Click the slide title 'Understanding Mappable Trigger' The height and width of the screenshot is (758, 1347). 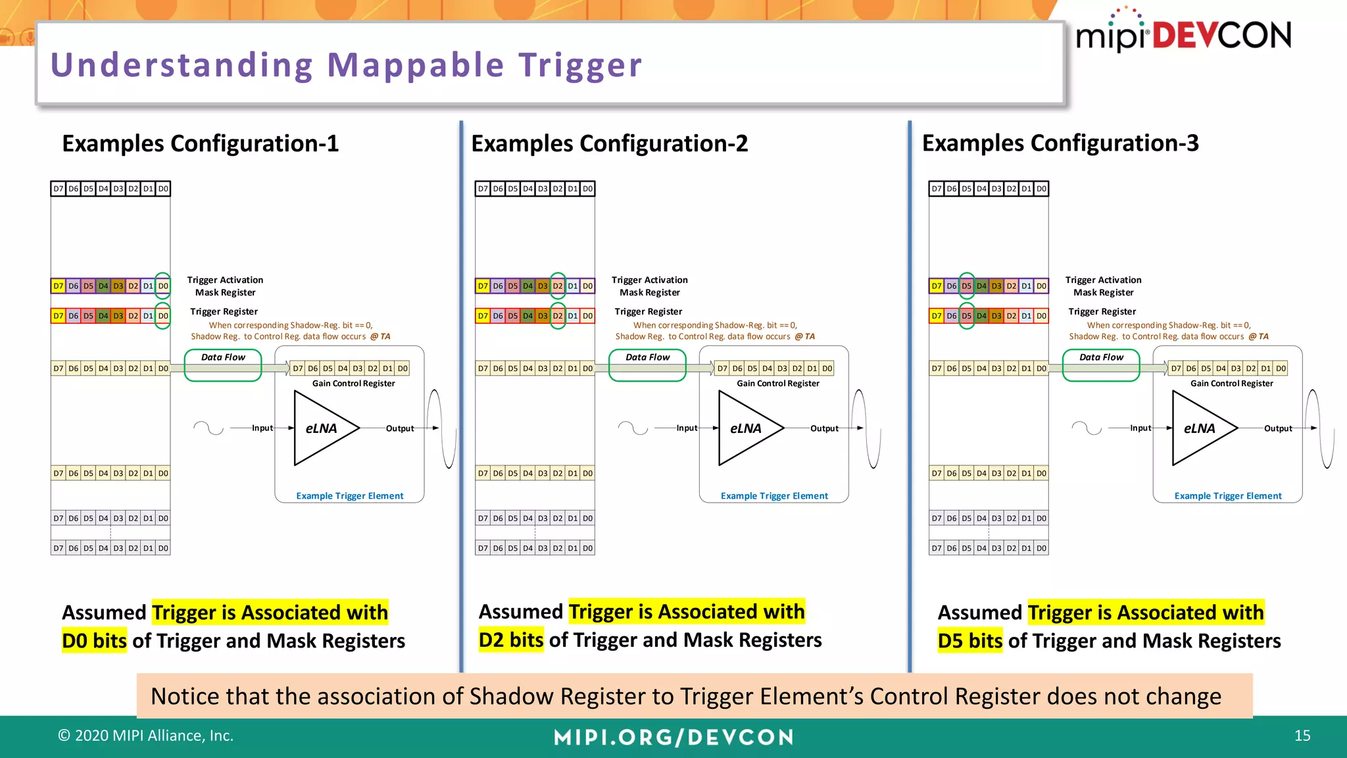point(346,65)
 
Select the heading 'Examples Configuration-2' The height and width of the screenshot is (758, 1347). point(609,143)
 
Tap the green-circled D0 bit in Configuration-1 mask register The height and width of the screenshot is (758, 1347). point(162,286)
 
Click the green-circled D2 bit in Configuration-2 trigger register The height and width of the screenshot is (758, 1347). point(558,316)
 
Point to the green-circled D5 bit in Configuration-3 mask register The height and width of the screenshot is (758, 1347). point(966,286)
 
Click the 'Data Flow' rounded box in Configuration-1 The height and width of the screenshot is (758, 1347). point(223,365)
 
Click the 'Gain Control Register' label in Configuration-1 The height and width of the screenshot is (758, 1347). point(353,383)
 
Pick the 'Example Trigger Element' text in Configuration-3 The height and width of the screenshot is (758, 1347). point(1227,496)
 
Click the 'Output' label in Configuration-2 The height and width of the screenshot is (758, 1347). point(823,428)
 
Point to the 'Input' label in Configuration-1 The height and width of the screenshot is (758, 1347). point(262,428)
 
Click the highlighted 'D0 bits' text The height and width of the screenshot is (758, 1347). point(94,641)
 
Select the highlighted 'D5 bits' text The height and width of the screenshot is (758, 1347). point(969,641)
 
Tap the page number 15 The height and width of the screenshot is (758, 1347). point(1302,736)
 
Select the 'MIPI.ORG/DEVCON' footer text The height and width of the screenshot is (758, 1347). point(673,737)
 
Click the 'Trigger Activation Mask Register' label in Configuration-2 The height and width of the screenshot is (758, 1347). point(649,286)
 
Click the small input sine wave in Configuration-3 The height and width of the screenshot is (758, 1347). point(1086,428)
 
